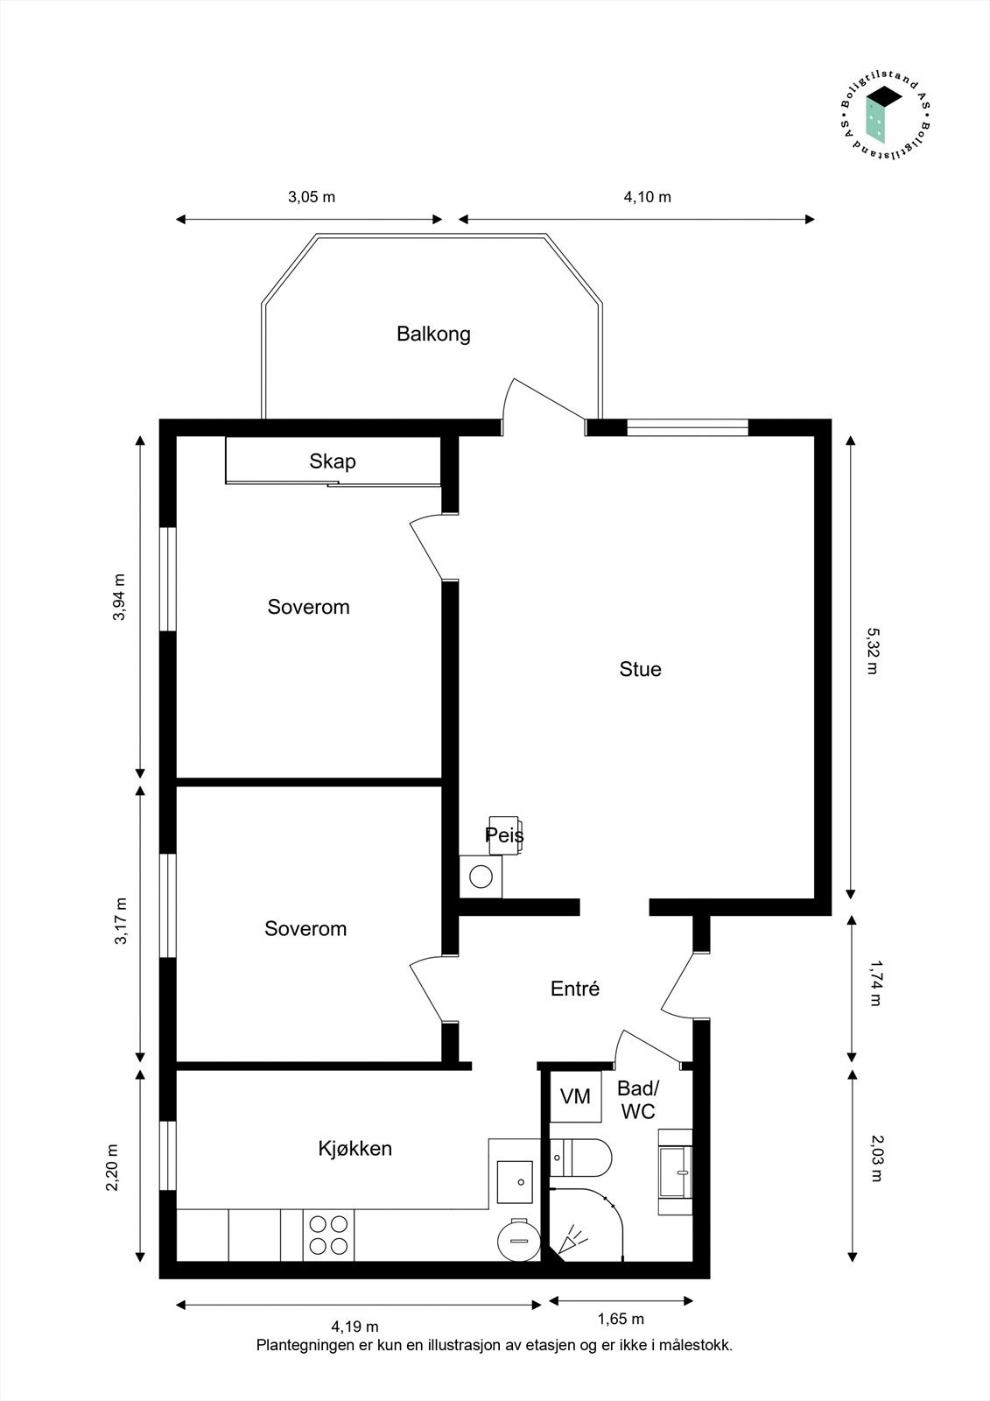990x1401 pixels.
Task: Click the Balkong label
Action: (x=433, y=334)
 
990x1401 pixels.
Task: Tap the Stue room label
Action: (x=640, y=669)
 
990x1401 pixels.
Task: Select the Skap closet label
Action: (x=332, y=461)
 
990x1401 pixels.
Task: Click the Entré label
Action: (x=575, y=989)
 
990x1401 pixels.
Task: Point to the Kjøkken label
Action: (x=355, y=1148)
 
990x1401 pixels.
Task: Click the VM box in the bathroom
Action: (x=575, y=1096)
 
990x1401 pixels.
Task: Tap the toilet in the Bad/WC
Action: (x=581, y=1157)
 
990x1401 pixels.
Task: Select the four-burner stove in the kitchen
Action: (x=329, y=1235)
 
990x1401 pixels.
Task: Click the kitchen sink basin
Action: (x=515, y=1181)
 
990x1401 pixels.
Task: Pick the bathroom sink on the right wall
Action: (x=676, y=1172)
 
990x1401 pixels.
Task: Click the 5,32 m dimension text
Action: (x=872, y=650)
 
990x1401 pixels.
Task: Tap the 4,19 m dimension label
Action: (x=355, y=1327)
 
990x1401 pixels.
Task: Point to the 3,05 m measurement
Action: (x=312, y=197)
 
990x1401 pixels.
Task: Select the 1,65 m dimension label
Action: (x=621, y=1319)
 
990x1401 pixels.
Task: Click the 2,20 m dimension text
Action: (x=112, y=1167)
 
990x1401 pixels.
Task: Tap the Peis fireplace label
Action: (x=504, y=835)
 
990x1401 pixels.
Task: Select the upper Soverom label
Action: (x=308, y=607)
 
